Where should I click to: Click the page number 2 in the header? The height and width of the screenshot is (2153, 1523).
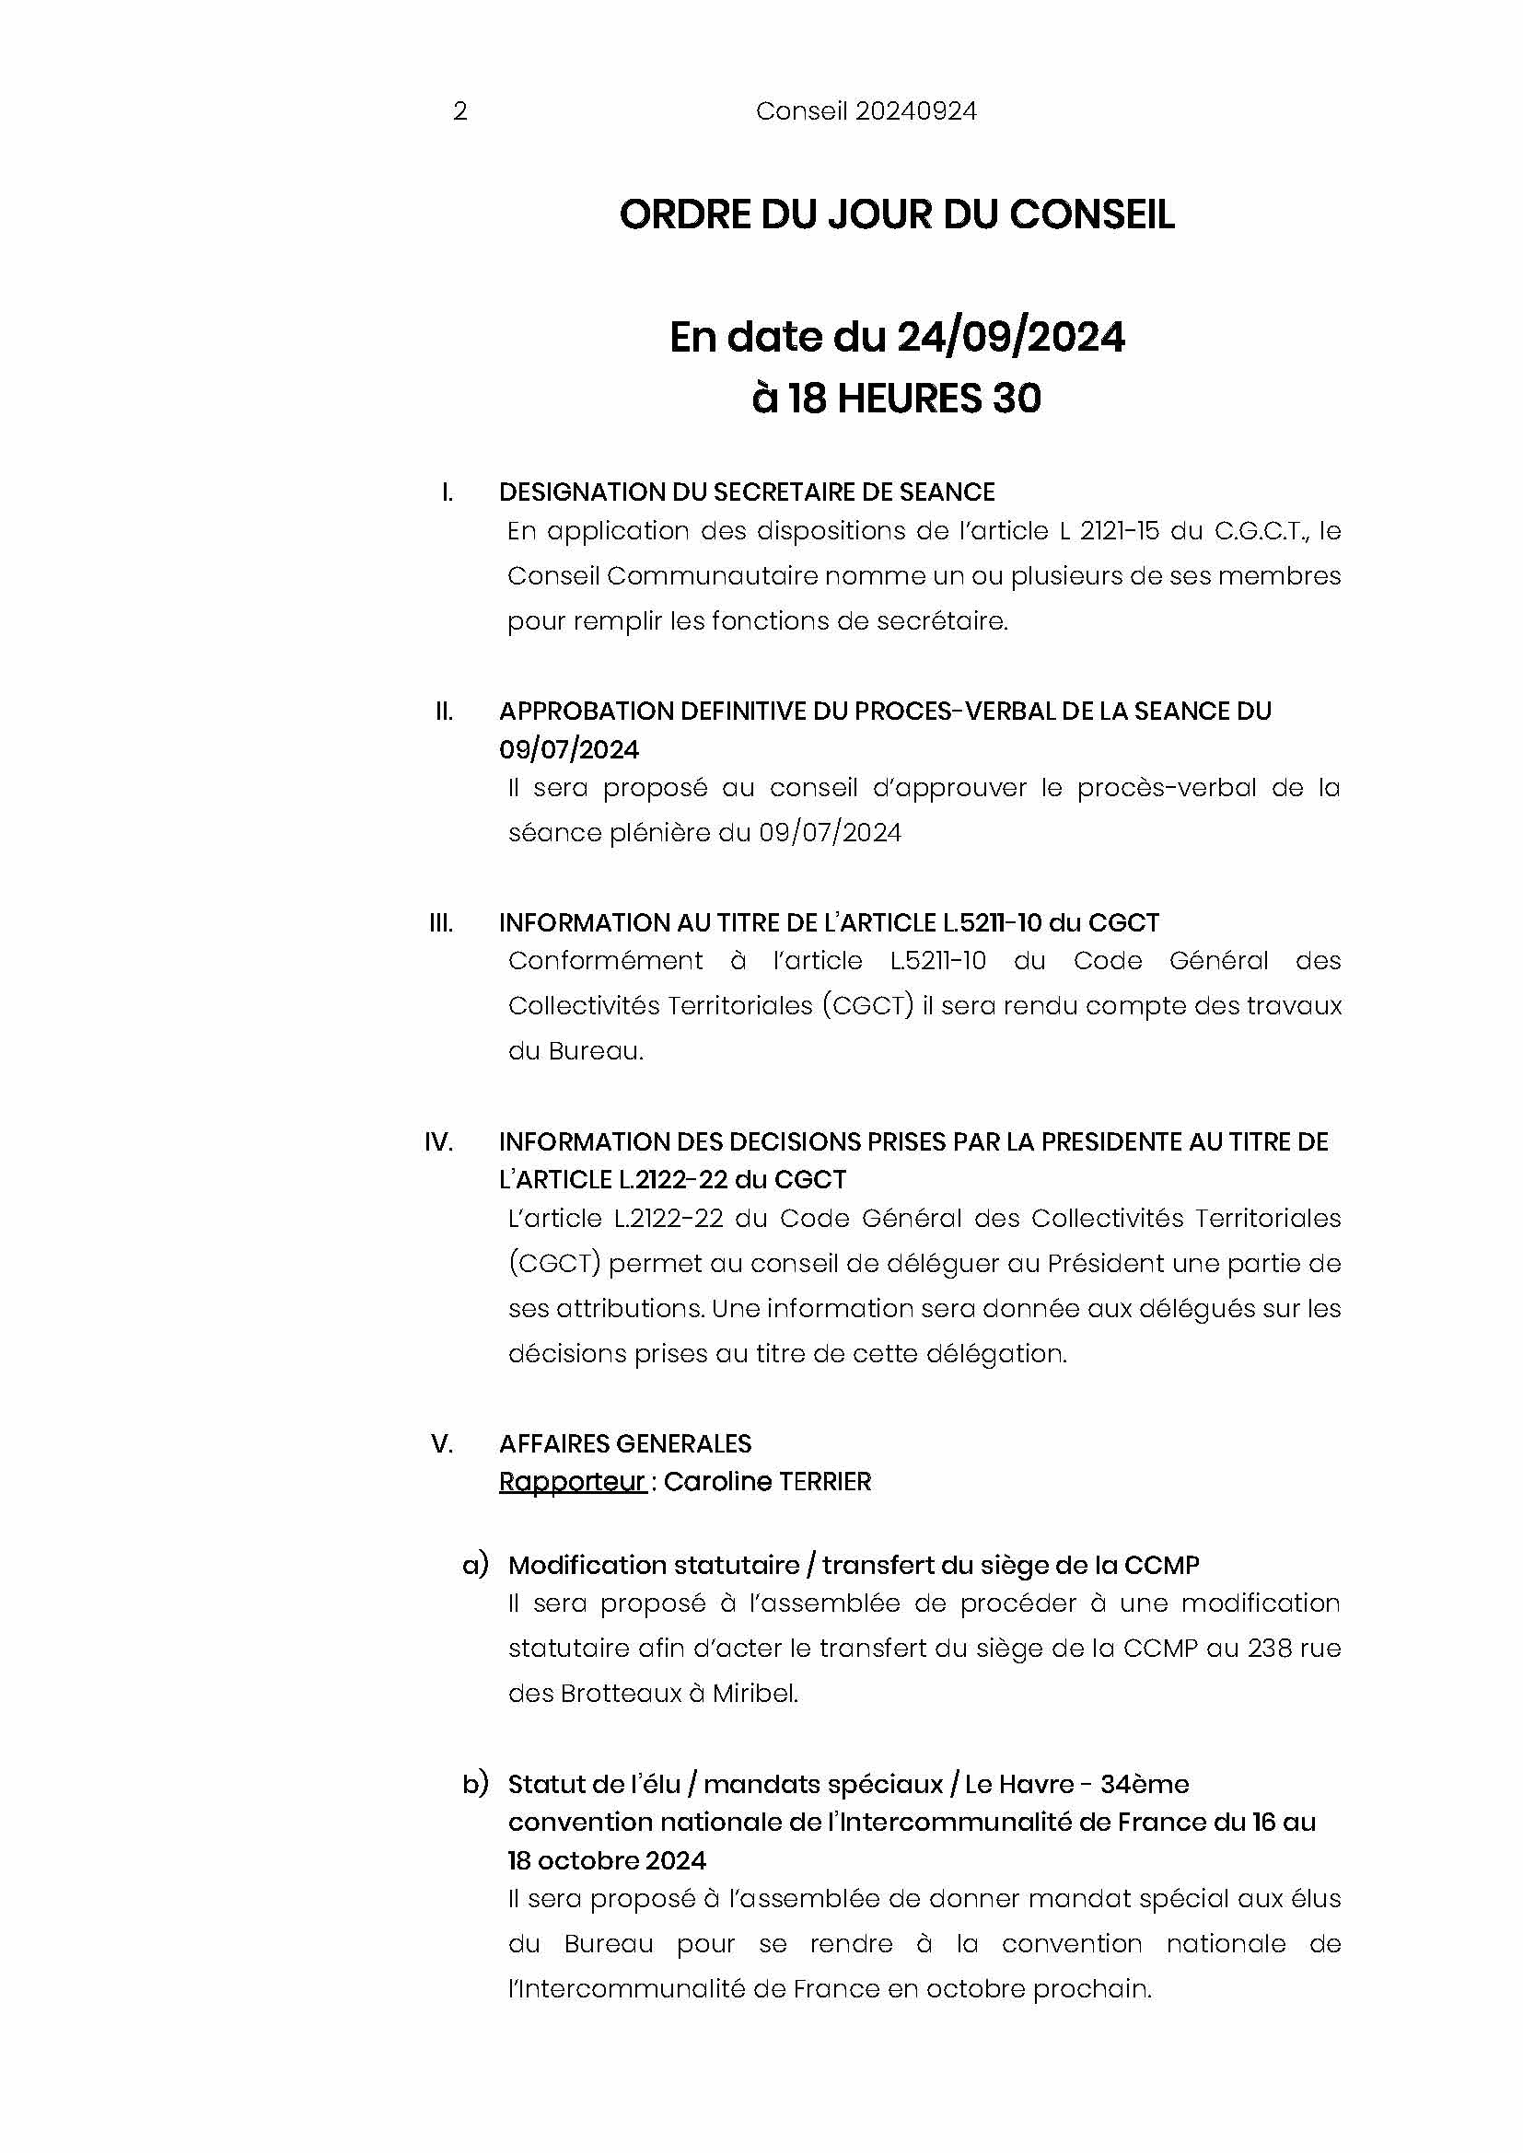click(x=459, y=111)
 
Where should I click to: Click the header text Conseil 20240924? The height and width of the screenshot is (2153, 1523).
click(x=866, y=111)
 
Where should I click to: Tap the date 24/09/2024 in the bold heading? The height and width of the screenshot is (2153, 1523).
click(x=1010, y=337)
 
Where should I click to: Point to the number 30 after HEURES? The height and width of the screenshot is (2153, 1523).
click(x=1016, y=399)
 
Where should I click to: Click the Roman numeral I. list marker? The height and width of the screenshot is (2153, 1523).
click(x=448, y=492)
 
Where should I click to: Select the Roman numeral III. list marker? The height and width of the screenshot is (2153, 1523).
click(x=441, y=922)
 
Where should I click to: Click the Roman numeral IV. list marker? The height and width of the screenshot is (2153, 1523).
click(x=438, y=1141)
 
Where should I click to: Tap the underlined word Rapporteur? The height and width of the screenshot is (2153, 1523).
click(x=571, y=1482)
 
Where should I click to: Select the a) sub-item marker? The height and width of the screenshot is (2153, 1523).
click(x=474, y=1565)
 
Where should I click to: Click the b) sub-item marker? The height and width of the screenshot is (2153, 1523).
click(x=474, y=1784)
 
